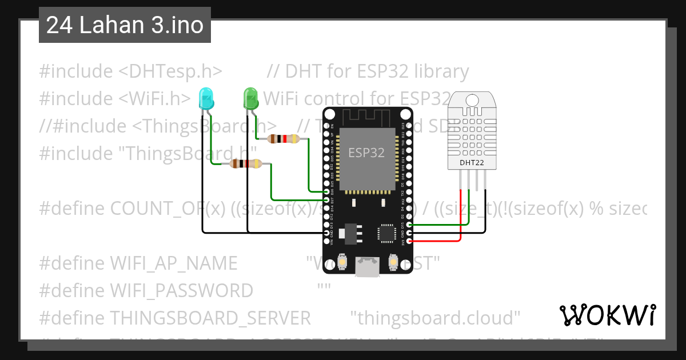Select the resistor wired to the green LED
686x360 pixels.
pos(283,138)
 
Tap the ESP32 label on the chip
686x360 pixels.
pos(366,153)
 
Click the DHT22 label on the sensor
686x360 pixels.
pos(472,162)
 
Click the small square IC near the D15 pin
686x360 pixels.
pos(386,233)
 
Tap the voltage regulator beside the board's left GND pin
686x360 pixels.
pos(346,233)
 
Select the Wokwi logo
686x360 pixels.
pos(607,315)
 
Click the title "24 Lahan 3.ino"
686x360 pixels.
pos(125,25)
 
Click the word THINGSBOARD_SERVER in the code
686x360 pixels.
pos(210,317)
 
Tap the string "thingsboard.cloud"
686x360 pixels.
pos(435,317)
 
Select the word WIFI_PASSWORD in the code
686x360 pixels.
pos(181,290)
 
